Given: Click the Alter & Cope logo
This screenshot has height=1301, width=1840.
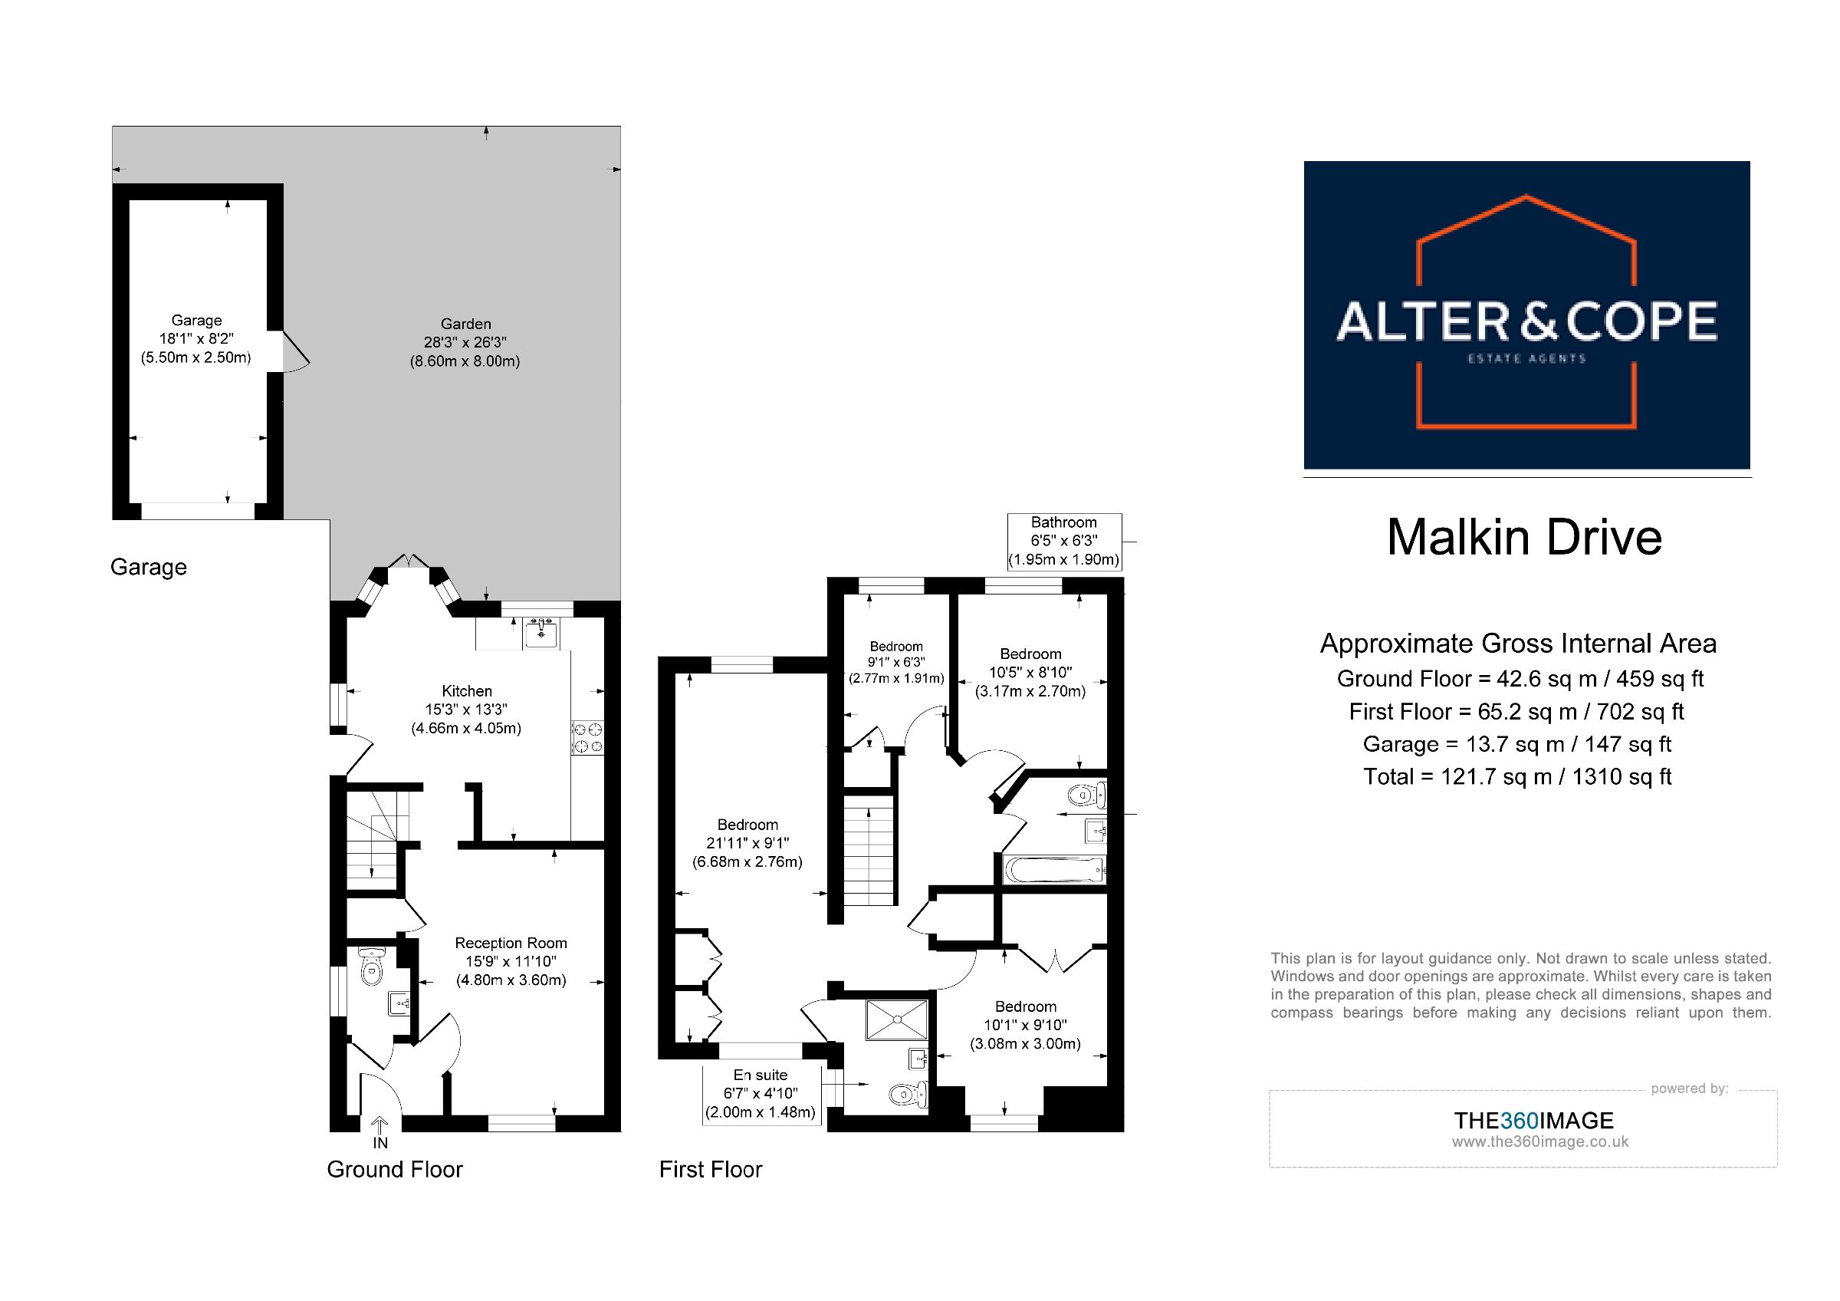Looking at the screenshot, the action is pyautogui.click(x=1526, y=315).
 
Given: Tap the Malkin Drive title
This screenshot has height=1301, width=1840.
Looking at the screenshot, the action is pyautogui.click(x=1524, y=537).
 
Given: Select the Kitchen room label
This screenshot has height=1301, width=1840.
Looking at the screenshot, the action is pyautogui.click(x=466, y=691).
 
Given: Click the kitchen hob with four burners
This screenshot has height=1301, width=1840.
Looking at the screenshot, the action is pyautogui.click(x=587, y=737).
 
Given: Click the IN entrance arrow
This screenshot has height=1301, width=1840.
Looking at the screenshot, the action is pyautogui.click(x=379, y=1132).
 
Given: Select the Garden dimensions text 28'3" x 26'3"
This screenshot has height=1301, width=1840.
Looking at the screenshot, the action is pyautogui.click(x=465, y=342).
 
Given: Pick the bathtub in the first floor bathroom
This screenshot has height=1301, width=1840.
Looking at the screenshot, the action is pyautogui.click(x=1053, y=869).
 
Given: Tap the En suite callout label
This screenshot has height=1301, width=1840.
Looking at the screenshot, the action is pyautogui.click(x=761, y=1094).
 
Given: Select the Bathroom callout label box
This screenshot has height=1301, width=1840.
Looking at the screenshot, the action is pyautogui.click(x=1064, y=541).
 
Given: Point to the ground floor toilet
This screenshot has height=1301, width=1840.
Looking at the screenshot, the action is pyautogui.click(x=372, y=967).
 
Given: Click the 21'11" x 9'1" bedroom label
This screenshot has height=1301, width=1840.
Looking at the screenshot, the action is pyautogui.click(x=747, y=843).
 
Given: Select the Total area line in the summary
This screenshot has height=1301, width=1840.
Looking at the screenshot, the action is pyautogui.click(x=1518, y=777).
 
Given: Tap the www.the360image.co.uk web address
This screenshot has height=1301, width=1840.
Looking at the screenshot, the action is pyautogui.click(x=1540, y=1142).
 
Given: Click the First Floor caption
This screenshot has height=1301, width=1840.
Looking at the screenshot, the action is pyautogui.click(x=710, y=1170).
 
